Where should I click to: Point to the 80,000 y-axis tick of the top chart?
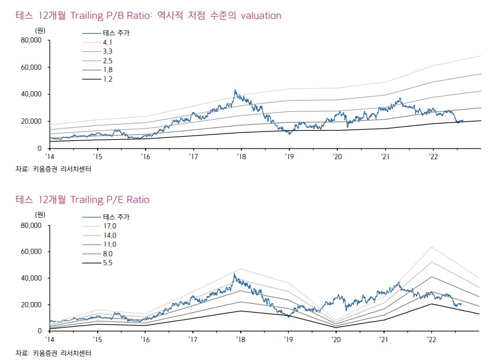coord(30,40)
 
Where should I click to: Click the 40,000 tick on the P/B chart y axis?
coord(30,94)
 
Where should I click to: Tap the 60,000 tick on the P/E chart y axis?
coord(30,252)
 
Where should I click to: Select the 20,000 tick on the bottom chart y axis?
coord(30,304)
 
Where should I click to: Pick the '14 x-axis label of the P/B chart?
coord(50,157)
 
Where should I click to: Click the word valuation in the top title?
coord(256,15)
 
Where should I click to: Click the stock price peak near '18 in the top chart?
coord(235,90)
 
